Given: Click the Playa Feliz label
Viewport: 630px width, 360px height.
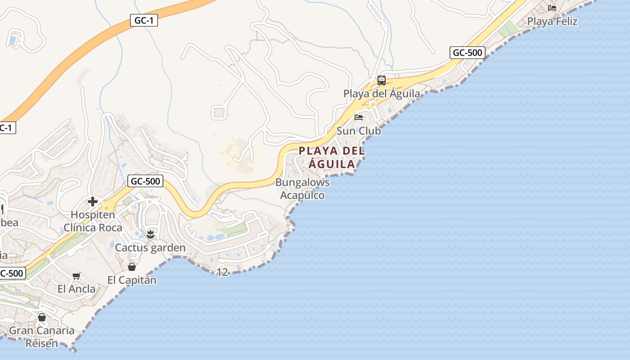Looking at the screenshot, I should [552, 21].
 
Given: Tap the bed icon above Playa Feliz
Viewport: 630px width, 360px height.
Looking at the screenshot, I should [552, 8].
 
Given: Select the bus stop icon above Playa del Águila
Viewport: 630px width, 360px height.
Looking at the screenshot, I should [382, 81].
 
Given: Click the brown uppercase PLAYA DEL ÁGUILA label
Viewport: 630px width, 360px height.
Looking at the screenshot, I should [332, 157].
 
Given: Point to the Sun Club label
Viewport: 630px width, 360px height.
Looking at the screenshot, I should [359, 131].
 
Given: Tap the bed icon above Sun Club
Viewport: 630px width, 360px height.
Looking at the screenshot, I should [359, 117].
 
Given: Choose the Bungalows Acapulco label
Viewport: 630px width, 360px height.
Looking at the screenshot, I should [302, 189].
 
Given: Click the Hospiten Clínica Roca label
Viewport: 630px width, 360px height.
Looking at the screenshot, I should [93, 221].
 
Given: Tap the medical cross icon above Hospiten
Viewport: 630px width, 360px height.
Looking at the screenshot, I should [93, 202].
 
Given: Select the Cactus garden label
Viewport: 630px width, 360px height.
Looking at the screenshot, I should [150, 248].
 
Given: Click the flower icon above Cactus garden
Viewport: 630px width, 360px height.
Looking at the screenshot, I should [150, 234].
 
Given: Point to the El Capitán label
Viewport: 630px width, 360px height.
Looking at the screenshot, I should [132, 280].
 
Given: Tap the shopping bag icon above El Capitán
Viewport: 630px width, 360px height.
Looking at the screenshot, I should [132, 267].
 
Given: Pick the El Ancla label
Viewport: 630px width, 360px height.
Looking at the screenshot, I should [76, 289].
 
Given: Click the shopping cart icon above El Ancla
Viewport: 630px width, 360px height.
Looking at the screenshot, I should [76, 276].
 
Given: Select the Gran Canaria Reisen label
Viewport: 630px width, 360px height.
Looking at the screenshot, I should [42, 337].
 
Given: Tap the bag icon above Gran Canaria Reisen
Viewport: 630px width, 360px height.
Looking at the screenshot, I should [42, 317].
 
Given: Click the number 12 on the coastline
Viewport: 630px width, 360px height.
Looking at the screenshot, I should [222, 272].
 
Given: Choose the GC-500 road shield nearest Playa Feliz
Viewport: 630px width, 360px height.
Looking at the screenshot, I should [468, 53].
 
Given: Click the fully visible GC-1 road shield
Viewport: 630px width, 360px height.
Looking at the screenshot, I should [144, 20].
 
